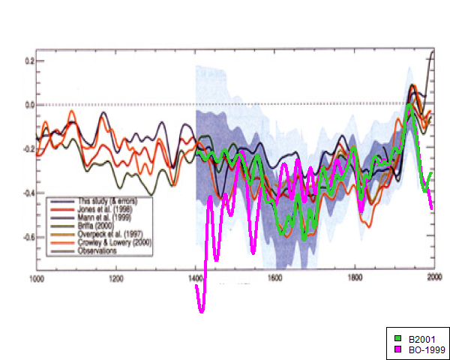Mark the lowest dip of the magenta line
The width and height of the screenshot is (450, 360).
(x=201, y=311)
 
